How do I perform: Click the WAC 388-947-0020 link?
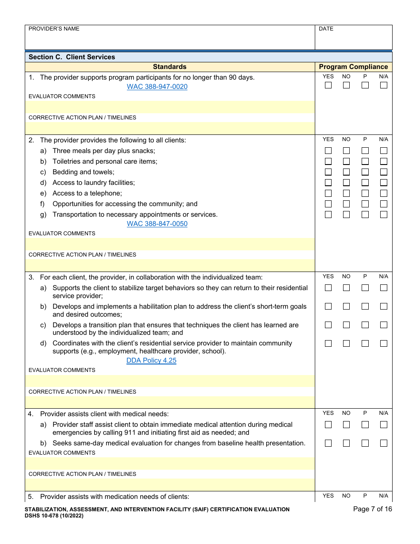pos(157,87)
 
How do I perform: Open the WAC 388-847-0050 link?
pos(157,224)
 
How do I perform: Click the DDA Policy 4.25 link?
pos(151,360)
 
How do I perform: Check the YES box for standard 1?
pos(328,85)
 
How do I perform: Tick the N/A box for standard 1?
pos(383,85)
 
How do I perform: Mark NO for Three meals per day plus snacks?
pos(346,151)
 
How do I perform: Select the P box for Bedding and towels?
pos(365,172)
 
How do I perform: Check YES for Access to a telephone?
pos(328,193)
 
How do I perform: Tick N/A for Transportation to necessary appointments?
pos(383,215)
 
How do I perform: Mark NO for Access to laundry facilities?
pos(346,183)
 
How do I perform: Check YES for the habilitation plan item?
pos(328,306)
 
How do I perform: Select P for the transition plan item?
pos(365,325)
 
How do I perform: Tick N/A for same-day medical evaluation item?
pos(383,443)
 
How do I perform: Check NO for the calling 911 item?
pos(346,425)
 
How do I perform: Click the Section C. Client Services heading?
pos(72,57)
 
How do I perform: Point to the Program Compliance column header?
pos(353,67)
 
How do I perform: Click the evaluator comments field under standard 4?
pos(170,463)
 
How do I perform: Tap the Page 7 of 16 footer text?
pos(372,509)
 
